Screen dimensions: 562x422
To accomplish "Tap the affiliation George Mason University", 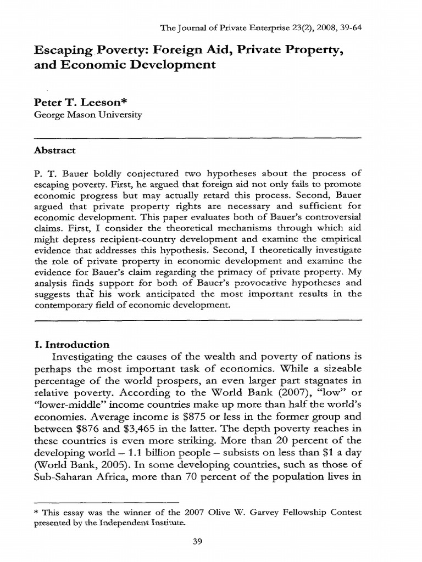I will pos(87,115).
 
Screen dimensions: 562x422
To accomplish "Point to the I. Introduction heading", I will pos(71,345).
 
